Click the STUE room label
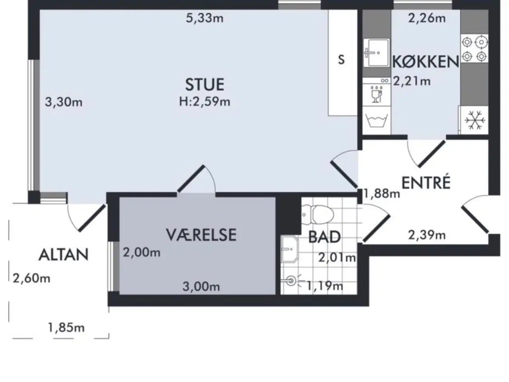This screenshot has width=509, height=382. click(204, 84)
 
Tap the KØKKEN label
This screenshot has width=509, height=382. click(425, 62)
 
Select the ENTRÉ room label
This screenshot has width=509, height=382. click(426, 183)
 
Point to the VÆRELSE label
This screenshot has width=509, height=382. click(201, 235)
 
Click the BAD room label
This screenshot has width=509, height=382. click(324, 237)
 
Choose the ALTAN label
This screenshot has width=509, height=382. click(64, 255)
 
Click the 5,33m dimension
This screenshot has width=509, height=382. click(204, 18)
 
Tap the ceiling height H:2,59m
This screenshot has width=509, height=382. click(204, 101)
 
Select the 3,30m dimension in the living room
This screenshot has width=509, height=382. click(64, 102)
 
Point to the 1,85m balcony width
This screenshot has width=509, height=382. click(66, 328)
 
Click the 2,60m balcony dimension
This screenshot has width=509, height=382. click(31, 278)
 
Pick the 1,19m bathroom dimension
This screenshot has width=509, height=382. click(325, 286)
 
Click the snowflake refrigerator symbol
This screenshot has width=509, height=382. click(474, 120)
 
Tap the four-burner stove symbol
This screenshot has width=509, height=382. click(474, 49)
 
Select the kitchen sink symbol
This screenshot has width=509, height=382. click(376, 53)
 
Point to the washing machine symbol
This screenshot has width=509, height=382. click(376, 120)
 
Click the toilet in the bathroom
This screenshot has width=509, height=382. click(318, 214)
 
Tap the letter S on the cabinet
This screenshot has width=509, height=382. click(341, 60)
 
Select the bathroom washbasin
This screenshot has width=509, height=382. click(289, 249)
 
